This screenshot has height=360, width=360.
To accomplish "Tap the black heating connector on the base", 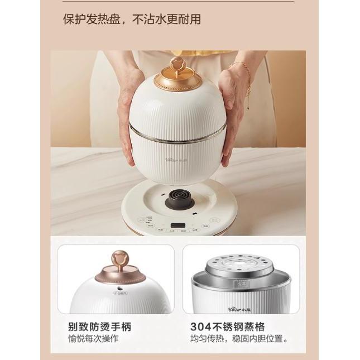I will pyautogui.click(x=177, y=198).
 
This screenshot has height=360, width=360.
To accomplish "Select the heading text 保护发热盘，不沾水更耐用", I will pyautogui.click(x=132, y=20).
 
